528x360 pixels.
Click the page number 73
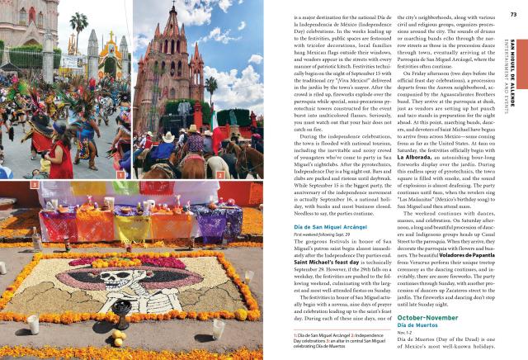[x=512, y=13]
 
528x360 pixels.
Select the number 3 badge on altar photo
[x=35, y=185]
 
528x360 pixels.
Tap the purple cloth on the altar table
[x=214, y=223]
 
